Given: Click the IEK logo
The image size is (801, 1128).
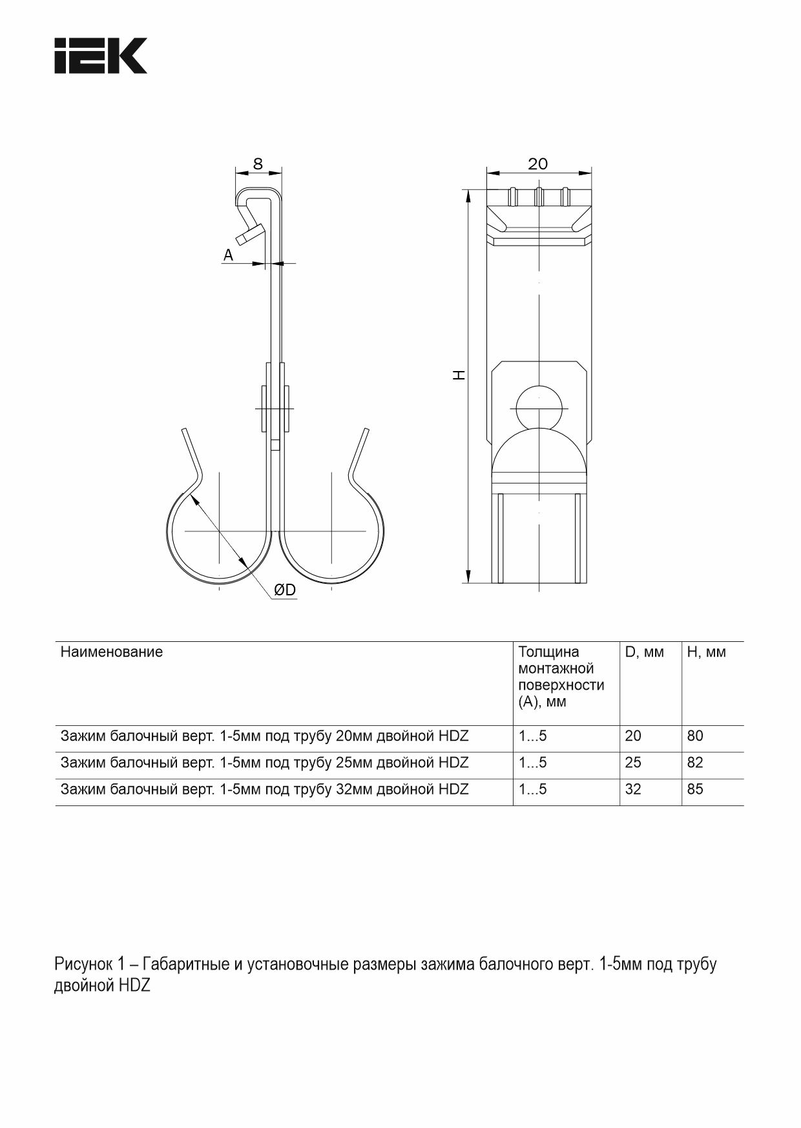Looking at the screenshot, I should (x=100, y=56).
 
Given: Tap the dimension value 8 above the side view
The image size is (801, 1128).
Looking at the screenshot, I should (x=258, y=164).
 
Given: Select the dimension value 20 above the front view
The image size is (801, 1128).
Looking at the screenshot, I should (x=537, y=164).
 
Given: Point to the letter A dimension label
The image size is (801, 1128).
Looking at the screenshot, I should (x=228, y=256).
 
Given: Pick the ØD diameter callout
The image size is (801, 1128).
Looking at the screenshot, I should (x=284, y=590).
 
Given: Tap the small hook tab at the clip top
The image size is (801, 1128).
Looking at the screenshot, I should (x=249, y=234).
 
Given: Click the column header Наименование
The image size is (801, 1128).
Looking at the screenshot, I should (x=111, y=652).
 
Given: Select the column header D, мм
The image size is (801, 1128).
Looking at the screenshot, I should (x=644, y=652).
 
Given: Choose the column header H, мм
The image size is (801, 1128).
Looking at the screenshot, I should (x=706, y=652).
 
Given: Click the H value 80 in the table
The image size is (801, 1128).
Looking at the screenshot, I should (x=695, y=736).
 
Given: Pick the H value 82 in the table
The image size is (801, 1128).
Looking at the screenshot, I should (x=695, y=763).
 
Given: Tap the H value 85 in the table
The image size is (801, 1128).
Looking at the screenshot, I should (x=695, y=789).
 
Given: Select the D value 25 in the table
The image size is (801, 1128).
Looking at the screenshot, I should (x=633, y=763).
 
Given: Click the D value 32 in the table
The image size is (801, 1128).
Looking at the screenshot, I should (x=633, y=789).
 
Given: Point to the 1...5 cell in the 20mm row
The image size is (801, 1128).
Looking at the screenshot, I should (x=532, y=736).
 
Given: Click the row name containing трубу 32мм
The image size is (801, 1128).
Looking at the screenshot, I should (x=264, y=789).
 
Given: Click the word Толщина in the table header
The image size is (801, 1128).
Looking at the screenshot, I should (x=548, y=652).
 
